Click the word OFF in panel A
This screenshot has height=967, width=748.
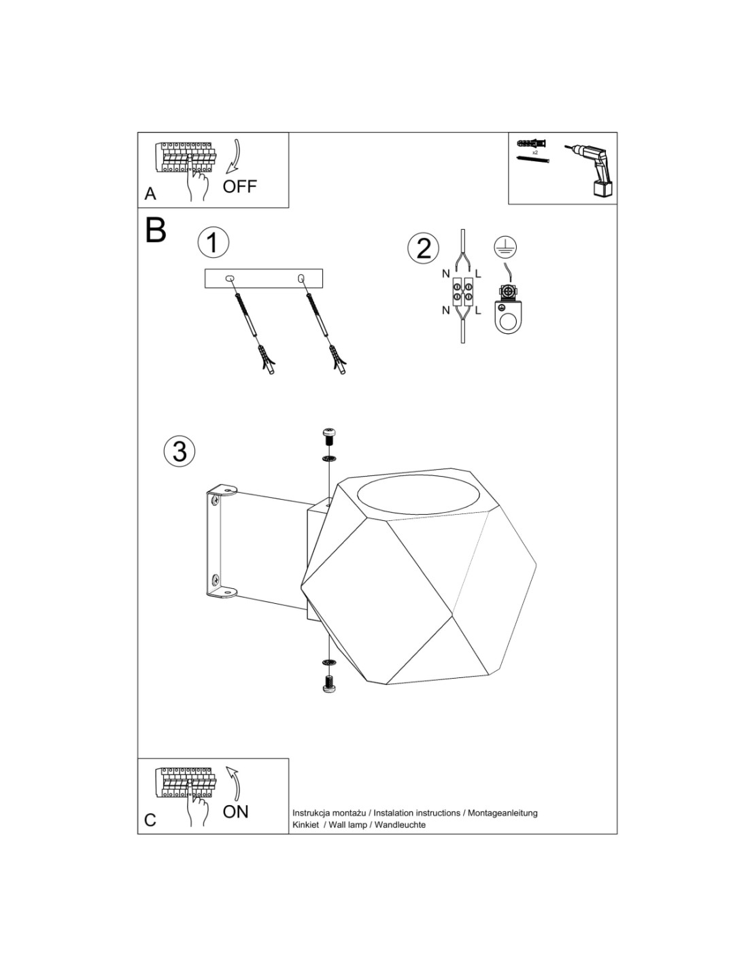point(239,186)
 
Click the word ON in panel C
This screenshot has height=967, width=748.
point(235,812)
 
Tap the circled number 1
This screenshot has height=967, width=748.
point(214,243)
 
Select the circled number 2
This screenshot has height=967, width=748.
point(423,248)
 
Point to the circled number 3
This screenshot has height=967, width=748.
point(180,452)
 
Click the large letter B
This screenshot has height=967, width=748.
point(156,230)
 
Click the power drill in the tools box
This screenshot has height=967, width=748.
point(590,169)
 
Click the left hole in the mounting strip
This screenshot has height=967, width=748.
point(230,279)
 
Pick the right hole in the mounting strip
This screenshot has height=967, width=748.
point(301,279)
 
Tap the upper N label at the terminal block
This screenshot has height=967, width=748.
point(446,274)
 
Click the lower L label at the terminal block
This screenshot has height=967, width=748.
point(478,311)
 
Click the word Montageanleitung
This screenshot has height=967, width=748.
point(502,813)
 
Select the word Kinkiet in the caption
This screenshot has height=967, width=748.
point(306,825)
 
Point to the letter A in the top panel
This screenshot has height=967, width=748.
point(150,194)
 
